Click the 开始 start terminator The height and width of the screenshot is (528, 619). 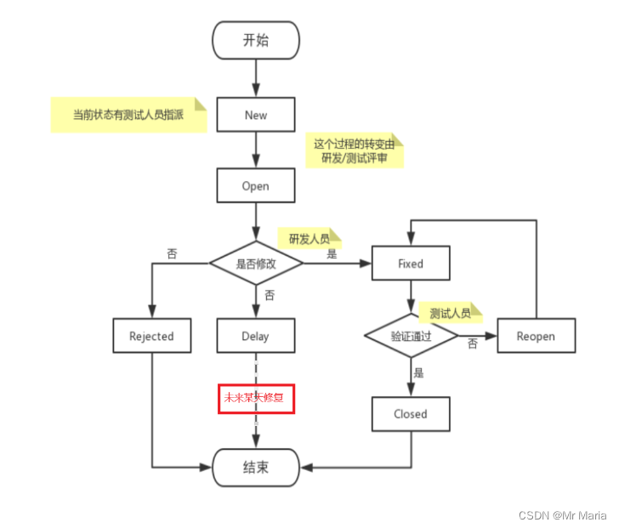point(255,39)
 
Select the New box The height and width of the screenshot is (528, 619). point(255,114)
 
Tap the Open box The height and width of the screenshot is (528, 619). point(255,186)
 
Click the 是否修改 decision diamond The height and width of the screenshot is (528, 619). point(256,264)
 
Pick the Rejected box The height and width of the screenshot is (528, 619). point(151,336)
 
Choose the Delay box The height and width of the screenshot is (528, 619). point(255,336)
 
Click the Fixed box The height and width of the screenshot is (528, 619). point(411,264)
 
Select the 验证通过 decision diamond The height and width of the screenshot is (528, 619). point(411,336)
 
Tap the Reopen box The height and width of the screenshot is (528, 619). point(536,336)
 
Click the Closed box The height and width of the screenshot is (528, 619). point(411,414)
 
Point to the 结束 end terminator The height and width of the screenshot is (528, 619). point(255,467)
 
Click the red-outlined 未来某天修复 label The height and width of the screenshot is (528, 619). point(256,397)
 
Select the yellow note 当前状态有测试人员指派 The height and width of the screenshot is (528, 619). point(128,115)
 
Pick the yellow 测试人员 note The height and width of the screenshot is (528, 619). point(451,313)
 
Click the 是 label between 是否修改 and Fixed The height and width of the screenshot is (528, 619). point(332,253)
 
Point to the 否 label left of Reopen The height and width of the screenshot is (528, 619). point(472,342)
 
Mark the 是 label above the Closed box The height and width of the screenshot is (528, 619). point(418,372)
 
